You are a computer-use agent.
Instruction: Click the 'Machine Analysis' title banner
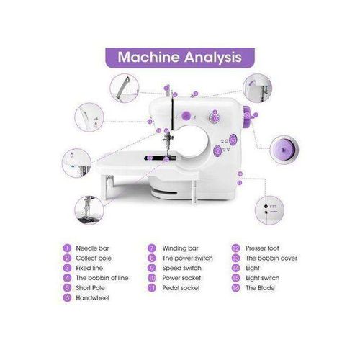pyautogui.click(x=180, y=56)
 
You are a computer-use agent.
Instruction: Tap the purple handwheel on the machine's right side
pyautogui.click(x=246, y=112)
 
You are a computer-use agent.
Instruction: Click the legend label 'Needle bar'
pyautogui.click(x=91, y=248)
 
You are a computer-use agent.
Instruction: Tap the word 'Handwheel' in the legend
pyautogui.click(x=91, y=297)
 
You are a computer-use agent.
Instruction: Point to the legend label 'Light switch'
pyautogui.click(x=261, y=277)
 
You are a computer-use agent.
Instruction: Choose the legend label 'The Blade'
pyautogui.click(x=259, y=287)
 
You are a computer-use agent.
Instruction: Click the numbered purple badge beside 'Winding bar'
pyautogui.click(x=152, y=248)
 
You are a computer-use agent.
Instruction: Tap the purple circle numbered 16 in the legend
pyautogui.click(x=236, y=287)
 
